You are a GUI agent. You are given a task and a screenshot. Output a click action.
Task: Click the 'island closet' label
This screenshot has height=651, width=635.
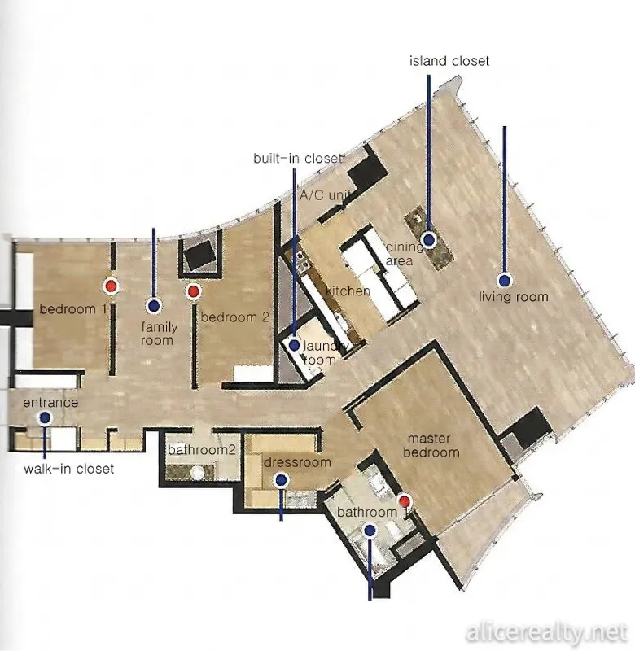click(x=449, y=61)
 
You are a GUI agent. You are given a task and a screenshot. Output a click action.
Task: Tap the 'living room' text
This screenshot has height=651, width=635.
click(x=514, y=297)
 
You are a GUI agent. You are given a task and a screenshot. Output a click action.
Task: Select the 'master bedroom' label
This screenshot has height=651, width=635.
click(x=431, y=445)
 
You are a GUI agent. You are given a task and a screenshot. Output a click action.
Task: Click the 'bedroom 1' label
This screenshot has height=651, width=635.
click(x=73, y=309)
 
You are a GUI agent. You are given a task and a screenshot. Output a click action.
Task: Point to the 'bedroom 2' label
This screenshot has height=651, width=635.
click(x=235, y=317)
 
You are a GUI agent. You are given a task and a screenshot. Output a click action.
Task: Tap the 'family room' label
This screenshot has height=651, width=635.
click(x=159, y=334)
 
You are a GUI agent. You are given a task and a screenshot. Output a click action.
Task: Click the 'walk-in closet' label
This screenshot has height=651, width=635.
click(x=69, y=469)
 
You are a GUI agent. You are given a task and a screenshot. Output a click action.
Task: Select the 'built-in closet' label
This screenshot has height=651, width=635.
click(x=298, y=158)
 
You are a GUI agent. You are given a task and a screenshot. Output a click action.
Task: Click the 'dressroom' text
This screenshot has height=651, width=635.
click(x=297, y=462)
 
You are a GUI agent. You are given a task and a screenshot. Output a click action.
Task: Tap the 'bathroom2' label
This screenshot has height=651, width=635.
click(x=202, y=450)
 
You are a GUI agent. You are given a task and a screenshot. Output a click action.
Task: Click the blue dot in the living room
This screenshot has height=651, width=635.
click(x=505, y=281)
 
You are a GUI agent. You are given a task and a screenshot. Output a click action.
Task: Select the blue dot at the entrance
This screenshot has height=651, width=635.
click(x=45, y=417)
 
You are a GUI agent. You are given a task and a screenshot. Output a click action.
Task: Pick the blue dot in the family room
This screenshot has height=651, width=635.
click(x=154, y=306)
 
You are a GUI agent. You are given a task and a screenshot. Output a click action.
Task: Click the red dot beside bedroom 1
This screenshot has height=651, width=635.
click(x=111, y=286)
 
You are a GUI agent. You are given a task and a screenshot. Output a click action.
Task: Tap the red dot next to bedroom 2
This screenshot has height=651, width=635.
click(x=193, y=291)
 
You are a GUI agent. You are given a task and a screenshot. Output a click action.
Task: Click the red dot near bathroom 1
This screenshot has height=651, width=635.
click(x=405, y=501)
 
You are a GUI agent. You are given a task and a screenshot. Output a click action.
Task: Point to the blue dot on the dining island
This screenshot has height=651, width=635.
click(x=428, y=239)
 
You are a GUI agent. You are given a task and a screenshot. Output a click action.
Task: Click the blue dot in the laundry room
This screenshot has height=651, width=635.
click(x=295, y=344)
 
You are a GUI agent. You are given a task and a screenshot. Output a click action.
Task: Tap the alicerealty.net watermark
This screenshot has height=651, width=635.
click(x=546, y=633)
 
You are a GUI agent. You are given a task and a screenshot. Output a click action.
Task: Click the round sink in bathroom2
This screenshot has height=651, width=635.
click(x=197, y=472)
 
